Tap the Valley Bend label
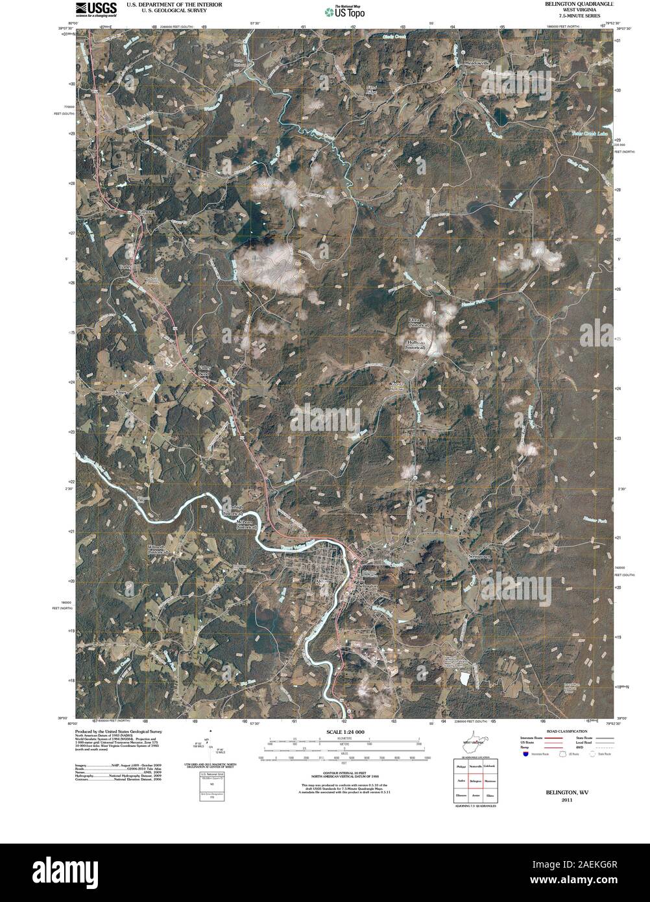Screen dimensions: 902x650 click(205, 371)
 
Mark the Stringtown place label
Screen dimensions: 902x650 click(479, 557)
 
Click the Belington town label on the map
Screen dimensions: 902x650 click(367, 585)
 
